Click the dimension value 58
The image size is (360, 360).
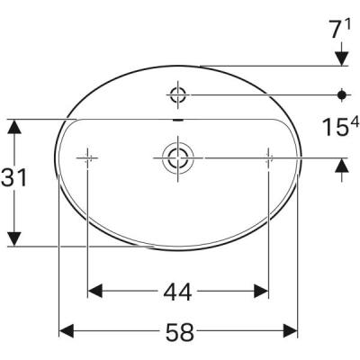(x=179, y=332)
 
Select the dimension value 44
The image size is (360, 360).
(x=179, y=291)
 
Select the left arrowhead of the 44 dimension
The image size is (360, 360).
(x=95, y=291)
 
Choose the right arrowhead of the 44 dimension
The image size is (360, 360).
(x=261, y=291)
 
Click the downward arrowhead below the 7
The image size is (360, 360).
(x=342, y=58)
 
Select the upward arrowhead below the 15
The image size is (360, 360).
(x=342, y=165)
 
